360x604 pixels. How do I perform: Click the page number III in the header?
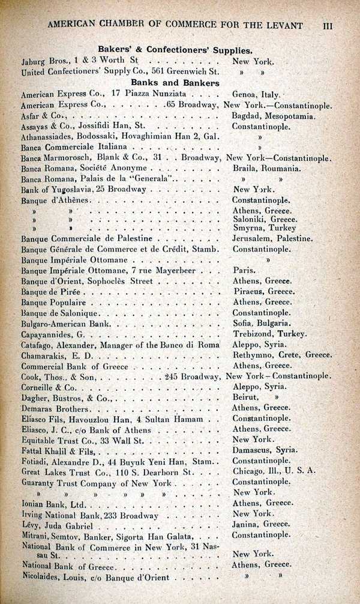328,26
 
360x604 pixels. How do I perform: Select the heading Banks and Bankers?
175,83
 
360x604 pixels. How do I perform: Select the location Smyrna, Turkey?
264,228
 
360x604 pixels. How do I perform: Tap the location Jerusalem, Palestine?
272,238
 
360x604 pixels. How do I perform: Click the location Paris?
244,270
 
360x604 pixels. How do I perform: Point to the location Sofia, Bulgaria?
261,324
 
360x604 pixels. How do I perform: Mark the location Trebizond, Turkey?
269,334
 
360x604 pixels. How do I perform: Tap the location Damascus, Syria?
265,450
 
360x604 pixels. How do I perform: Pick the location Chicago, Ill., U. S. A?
274,471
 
